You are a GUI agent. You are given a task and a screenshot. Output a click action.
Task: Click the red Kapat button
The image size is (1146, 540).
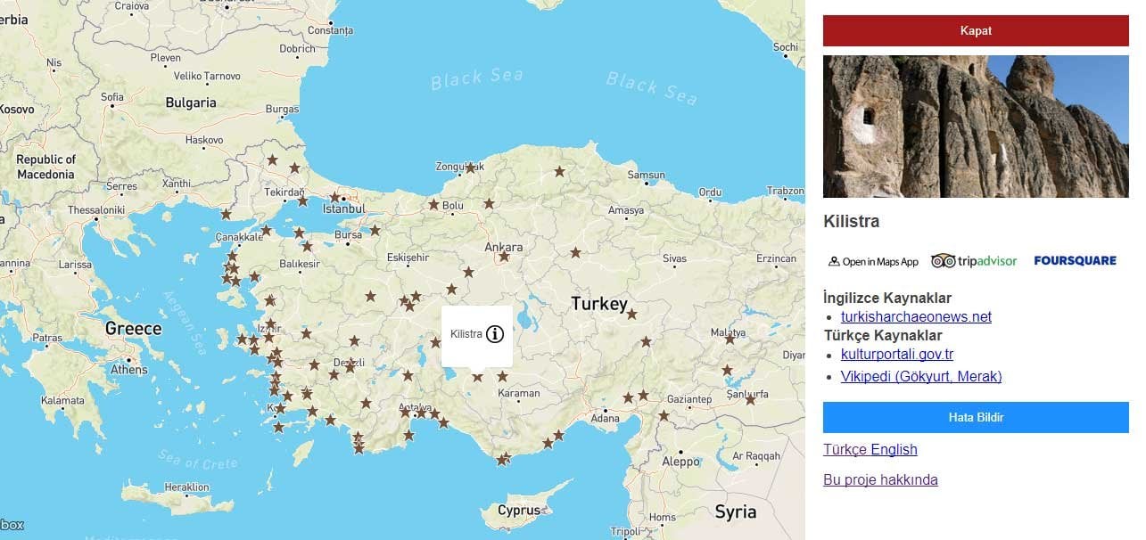(x=976, y=30)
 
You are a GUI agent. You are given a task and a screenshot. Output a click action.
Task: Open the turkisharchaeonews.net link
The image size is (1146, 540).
(x=916, y=317)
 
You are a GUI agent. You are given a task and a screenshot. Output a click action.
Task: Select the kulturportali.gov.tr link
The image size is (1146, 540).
(x=896, y=355)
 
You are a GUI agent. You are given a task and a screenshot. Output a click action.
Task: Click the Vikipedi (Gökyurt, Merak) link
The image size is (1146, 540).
(x=920, y=377)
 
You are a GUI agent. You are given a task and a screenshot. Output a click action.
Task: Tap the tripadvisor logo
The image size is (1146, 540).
(x=974, y=261)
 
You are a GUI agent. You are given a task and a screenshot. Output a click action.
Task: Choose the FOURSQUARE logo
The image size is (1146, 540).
(x=1075, y=261)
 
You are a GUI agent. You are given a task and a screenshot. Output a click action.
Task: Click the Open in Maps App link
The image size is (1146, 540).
(x=873, y=262)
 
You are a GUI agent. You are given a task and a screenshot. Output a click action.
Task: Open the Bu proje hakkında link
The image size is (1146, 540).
(x=880, y=480)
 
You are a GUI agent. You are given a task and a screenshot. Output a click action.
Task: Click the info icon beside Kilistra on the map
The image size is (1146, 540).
(x=495, y=334)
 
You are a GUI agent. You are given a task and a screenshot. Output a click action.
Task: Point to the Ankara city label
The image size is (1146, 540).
(x=504, y=247)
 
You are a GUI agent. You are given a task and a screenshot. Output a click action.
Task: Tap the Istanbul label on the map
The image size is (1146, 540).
(x=344, y=209)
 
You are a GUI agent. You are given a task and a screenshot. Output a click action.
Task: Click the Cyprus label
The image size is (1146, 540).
(x=519, y=511)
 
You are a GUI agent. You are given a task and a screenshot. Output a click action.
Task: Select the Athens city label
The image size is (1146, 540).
(x=129, y=369)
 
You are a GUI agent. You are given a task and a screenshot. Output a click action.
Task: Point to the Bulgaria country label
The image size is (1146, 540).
(x=191, y=102)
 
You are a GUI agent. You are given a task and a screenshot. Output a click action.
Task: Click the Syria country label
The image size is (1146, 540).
(x=735, y=511)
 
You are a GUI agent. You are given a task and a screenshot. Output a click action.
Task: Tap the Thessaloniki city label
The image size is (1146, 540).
(x=96, y=210)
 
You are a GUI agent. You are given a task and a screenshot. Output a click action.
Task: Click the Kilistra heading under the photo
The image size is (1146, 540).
(x=851, y=222)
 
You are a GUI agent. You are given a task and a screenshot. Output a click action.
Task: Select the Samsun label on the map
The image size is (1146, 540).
(x=647, y=176)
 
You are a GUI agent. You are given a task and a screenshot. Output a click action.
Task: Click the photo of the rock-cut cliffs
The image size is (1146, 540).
(x=976, y=127)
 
